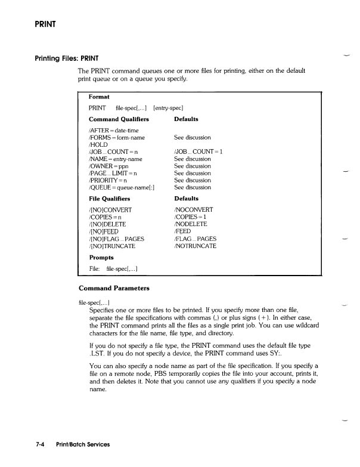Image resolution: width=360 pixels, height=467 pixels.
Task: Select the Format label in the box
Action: point(99,96)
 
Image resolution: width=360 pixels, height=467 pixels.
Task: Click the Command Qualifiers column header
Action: point(119,119)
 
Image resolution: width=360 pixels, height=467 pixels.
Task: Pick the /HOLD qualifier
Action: point(98,145)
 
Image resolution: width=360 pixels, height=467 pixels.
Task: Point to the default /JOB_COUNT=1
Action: point(198,152)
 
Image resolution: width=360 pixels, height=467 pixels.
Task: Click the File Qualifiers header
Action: point(109,199)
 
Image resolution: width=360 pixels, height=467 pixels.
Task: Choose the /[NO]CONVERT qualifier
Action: point(110,210)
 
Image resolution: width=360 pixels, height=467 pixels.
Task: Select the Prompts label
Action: point(101,258)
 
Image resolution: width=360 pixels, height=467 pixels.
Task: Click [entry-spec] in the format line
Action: point(172,108)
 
